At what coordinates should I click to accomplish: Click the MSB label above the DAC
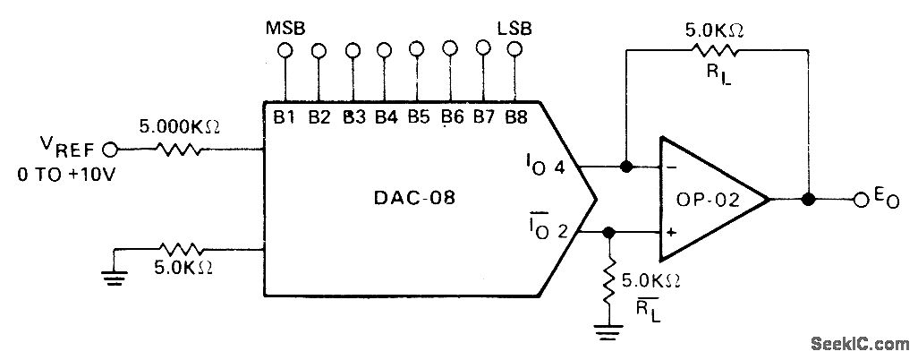coord(285,27)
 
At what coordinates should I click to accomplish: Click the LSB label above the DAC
coord(514,27)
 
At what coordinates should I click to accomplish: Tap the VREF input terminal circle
coord(110,149)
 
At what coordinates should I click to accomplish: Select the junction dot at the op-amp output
coord(809,199)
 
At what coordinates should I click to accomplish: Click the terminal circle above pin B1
coord(285,51)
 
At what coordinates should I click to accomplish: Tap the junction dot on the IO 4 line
coord(625,167)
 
